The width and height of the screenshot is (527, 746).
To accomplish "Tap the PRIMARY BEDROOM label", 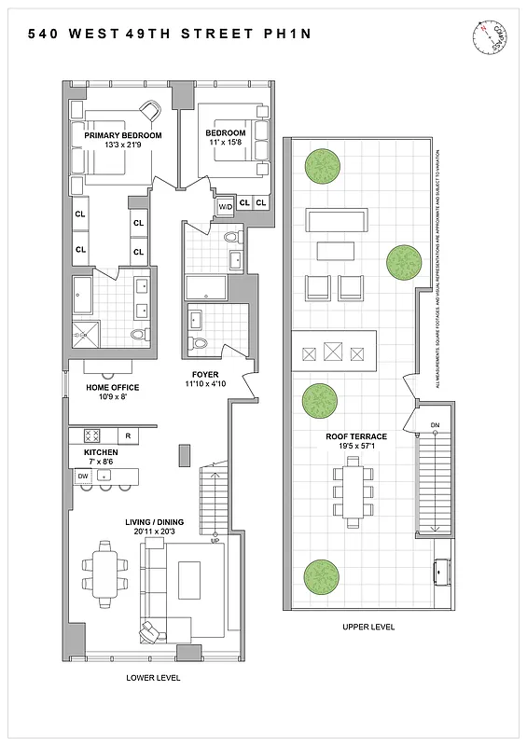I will pos(123,135).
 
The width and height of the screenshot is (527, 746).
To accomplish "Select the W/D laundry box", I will pos(226,206).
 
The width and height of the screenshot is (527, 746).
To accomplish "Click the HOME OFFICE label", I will pos(113,387).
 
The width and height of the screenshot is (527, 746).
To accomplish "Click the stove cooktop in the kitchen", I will pos(92,435).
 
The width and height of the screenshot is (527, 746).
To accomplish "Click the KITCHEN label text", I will pos(101,451).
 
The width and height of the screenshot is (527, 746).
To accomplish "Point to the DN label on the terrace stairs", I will pos(435,426).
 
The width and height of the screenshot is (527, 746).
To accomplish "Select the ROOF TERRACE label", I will pos(356,436).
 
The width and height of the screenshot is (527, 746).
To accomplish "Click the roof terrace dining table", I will pos(354,490).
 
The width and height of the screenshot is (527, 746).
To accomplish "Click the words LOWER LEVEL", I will pos(153,677).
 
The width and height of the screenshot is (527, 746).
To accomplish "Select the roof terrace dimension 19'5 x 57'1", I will pos(356,447).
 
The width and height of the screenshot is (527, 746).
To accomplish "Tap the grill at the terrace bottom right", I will pos(442,568).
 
